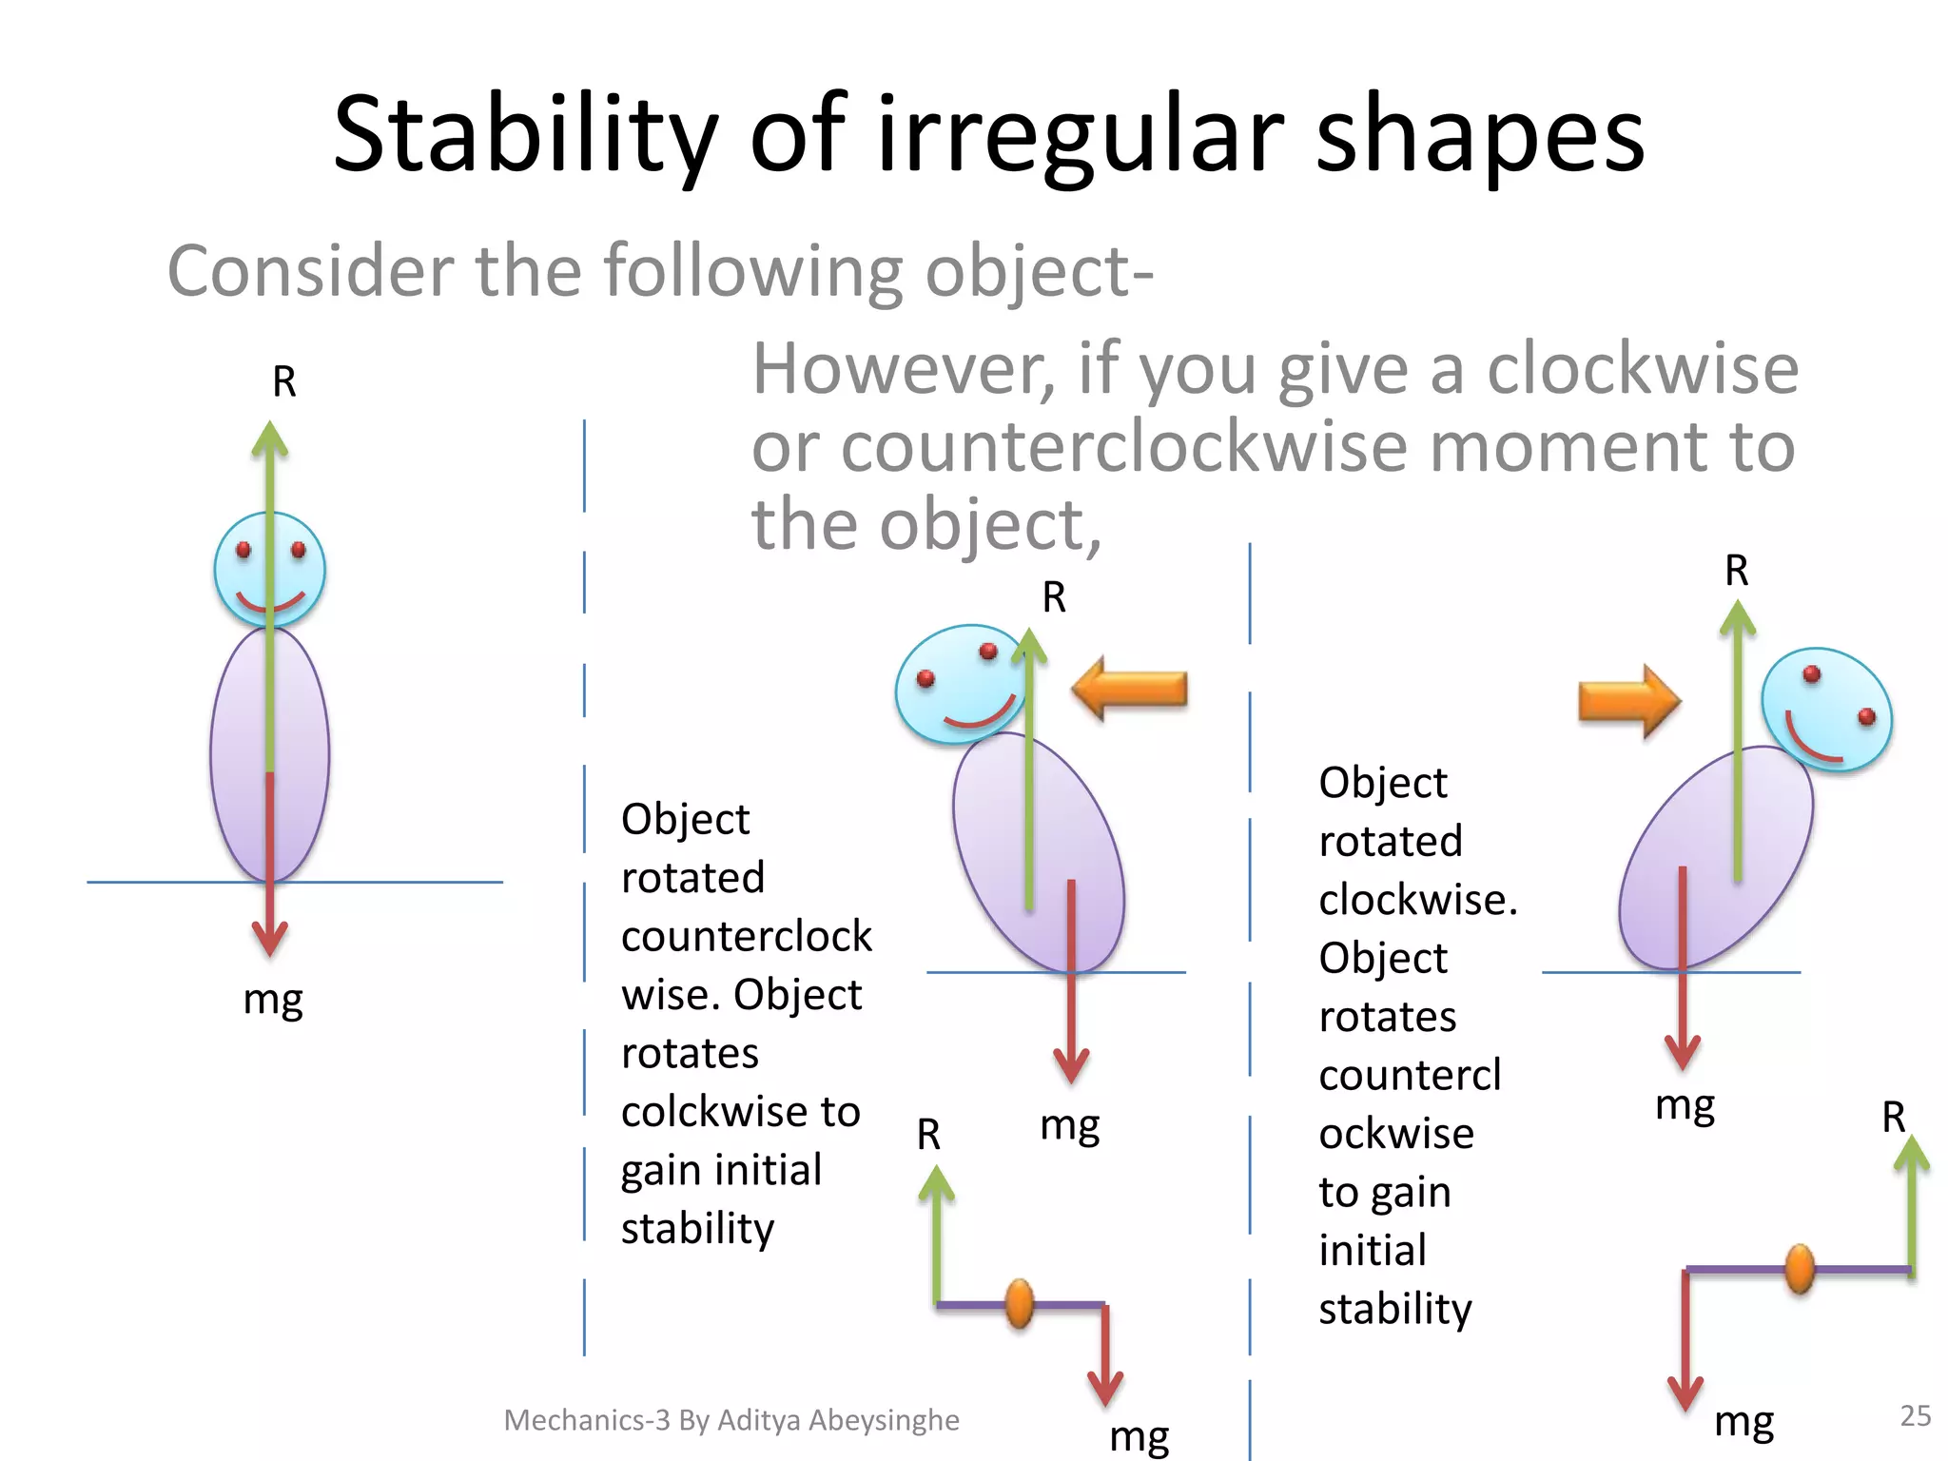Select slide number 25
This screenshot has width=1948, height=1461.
click(1915, 1415)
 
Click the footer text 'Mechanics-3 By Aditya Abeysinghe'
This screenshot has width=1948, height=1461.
click(730, 1419)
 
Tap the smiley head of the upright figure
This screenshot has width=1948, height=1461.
click(269, 570)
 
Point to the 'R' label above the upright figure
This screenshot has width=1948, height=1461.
click(284, 382)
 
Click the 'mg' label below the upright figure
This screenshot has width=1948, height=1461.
click(273, 1001)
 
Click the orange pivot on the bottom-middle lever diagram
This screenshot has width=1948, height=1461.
click(1019, 1304)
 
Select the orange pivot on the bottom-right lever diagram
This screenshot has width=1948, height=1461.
click(1799, 1269)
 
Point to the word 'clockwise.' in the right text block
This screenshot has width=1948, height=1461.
click(1417, 900)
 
